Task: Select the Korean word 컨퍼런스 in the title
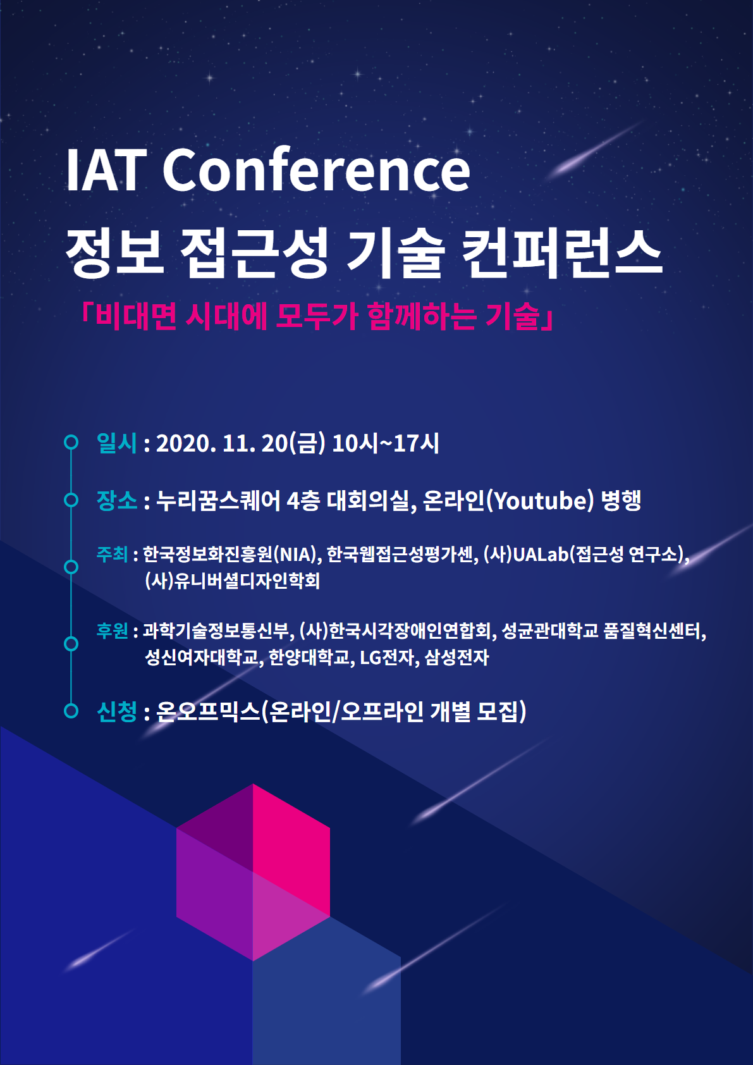click(562, 252)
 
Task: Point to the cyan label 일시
click(116, 443)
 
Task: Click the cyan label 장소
click(116, 500)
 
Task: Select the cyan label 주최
click(112, 554)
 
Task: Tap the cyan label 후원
click(112, 631)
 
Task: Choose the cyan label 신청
click(116, 711)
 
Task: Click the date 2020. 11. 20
click(221, 443)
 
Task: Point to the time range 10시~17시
click(386, 443)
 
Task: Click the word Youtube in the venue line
click(541, 501)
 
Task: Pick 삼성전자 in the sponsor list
click(456, 658)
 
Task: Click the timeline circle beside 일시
click(71, 442)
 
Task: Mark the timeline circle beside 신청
click(71, 711)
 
